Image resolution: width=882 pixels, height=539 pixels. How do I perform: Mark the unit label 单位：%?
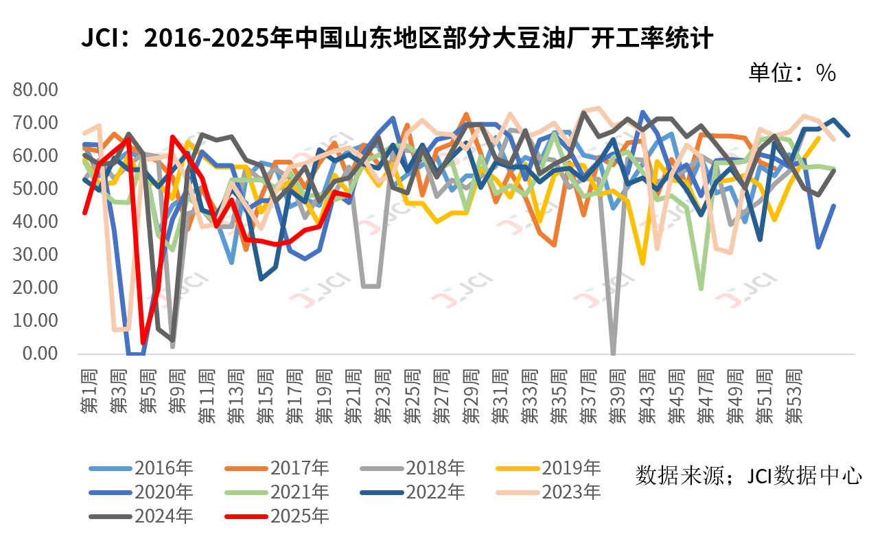pyautogui.click(x=792, y=73)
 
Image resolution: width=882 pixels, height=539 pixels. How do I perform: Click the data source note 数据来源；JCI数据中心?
pyautogui.click(x=749, y=475)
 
